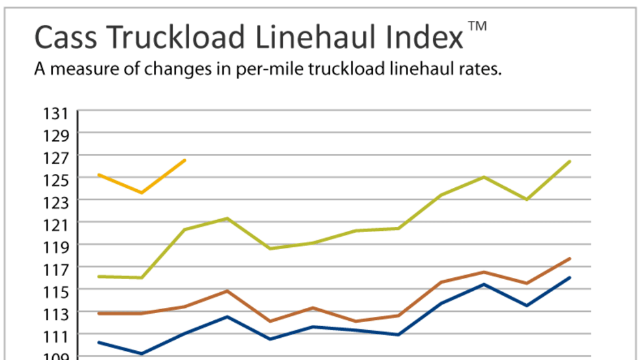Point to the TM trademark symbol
477,26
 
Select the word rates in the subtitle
480,70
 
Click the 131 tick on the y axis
56,114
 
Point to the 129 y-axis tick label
56,136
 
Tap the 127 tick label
56,158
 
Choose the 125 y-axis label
56,180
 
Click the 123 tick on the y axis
56,202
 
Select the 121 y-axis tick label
56,225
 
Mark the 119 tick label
56,247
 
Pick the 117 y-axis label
56,269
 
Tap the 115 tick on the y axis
56,292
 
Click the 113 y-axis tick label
56,314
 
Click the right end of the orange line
185,160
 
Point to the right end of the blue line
570,278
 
